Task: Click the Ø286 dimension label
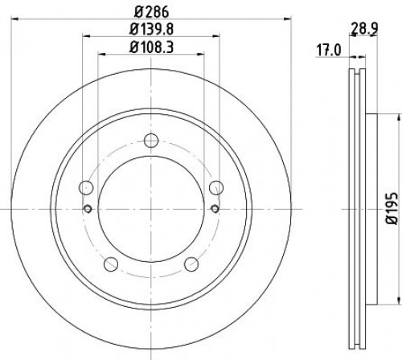click(x=151, y=12)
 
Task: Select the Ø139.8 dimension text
click(x=151, y=29)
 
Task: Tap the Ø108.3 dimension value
click(x=151, y=47)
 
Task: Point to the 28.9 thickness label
click(x=364, y=29)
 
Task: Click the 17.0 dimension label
click(x=329, y=51)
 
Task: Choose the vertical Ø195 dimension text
click(x=392, y=209)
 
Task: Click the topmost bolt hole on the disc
click(x=151, y=141)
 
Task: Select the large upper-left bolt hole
click(x=86, y=188)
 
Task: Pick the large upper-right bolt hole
click(x=216, y=188)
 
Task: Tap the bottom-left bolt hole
click(x=111, y=264)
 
